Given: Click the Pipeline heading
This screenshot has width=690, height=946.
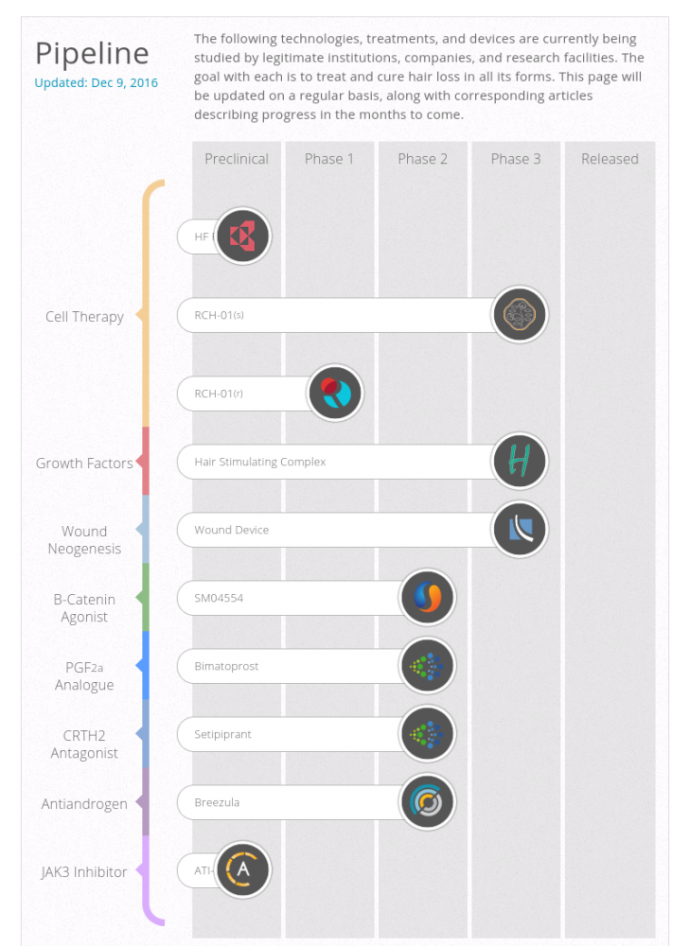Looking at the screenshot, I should point(92,53).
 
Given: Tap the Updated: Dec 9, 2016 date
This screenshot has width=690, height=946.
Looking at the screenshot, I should point(96,82).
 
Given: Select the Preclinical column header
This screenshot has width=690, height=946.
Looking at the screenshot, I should point(237,159).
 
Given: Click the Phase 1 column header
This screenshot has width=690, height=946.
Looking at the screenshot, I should point(329,159).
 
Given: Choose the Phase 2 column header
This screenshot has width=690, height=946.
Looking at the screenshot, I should point(422,159).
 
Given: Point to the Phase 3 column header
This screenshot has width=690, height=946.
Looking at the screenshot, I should point(516,159).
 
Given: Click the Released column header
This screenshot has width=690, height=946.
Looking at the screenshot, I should point(610,159).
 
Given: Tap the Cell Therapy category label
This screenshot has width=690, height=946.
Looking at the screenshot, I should point(84,316).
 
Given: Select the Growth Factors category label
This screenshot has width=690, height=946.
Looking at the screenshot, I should point(84,464).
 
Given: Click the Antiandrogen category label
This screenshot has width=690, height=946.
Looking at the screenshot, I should point(84,804).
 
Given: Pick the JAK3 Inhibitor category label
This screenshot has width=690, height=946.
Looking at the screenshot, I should point(84,872).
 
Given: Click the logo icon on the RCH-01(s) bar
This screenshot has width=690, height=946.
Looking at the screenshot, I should point(521,314).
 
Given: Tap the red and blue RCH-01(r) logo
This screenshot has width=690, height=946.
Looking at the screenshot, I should point(336,394).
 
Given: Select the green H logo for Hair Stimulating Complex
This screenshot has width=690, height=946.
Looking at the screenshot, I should point(521,462).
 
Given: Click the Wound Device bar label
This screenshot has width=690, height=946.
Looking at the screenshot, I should point(232,530).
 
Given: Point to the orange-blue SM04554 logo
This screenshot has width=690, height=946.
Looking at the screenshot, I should point(428,598).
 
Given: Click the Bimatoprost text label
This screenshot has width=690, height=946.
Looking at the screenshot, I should point(226,666).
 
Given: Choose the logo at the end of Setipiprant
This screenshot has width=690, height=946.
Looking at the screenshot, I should point(428,734).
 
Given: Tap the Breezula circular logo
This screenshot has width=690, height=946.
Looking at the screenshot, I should point(428,802).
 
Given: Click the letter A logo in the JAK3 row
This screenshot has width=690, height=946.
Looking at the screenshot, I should point(243,870).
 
